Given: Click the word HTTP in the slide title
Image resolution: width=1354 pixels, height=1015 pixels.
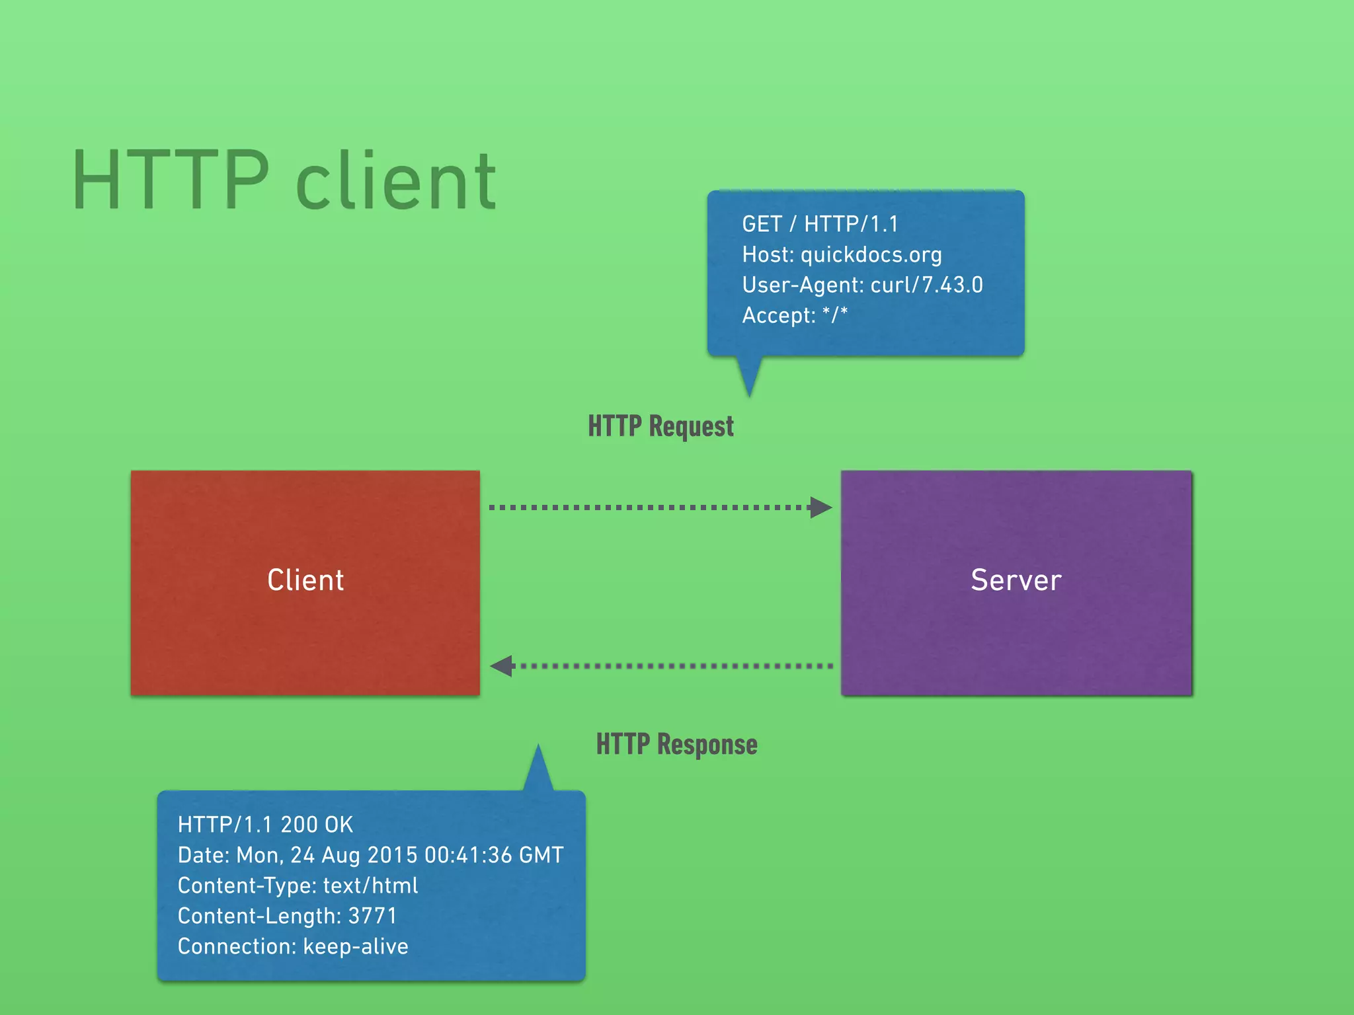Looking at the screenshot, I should click(171, 180).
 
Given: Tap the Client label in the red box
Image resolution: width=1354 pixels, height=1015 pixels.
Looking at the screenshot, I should click(305, 580).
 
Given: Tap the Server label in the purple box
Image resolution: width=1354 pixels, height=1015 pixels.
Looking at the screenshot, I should click(1016, 580).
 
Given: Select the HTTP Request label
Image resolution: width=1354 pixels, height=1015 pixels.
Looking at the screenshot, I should click(660, 427).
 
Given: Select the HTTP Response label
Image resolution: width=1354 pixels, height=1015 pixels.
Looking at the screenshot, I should click(676, 745).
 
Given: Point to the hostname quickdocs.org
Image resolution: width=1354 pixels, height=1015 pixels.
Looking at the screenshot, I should click(871, 255).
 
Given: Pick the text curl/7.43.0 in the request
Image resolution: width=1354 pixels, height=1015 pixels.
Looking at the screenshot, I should click(926, 285).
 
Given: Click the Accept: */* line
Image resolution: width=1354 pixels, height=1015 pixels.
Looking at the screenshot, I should click(794, 316).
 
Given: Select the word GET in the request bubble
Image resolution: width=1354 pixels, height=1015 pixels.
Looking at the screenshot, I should click(762, 225).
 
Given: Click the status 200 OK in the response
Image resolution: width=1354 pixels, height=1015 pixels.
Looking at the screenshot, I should click(317, 825).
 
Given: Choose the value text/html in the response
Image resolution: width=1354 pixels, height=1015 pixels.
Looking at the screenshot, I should click(370, 885).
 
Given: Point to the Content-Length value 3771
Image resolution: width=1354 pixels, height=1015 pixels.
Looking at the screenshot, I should click(372, 916).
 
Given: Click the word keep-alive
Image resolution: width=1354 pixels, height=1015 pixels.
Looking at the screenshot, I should click(355, 946).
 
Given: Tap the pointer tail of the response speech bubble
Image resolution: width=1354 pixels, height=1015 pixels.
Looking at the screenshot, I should click(538, 770).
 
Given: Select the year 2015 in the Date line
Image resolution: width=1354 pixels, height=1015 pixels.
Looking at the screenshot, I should click(392, 855).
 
